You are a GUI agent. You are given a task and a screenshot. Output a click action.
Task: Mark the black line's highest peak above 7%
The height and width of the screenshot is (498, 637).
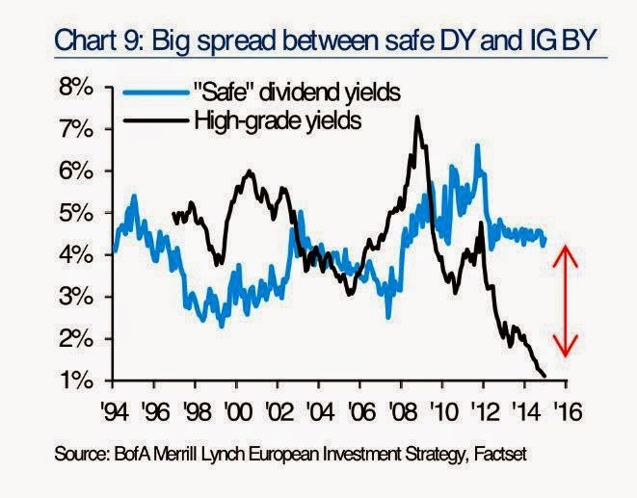click(417, 118)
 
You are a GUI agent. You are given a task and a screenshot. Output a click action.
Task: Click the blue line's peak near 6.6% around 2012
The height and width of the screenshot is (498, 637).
click(477, 145)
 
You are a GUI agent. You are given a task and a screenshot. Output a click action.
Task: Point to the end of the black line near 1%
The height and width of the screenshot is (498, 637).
click(544, 377)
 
